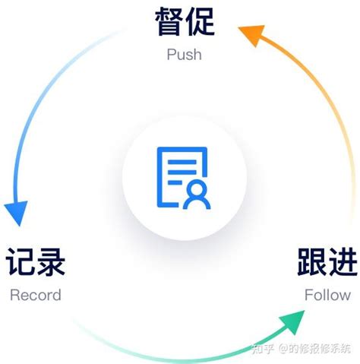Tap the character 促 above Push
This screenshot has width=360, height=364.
point(199,23)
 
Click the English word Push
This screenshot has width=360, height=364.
point(185,55)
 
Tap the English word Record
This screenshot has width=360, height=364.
point(36,295)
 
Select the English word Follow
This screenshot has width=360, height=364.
point(327,295)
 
